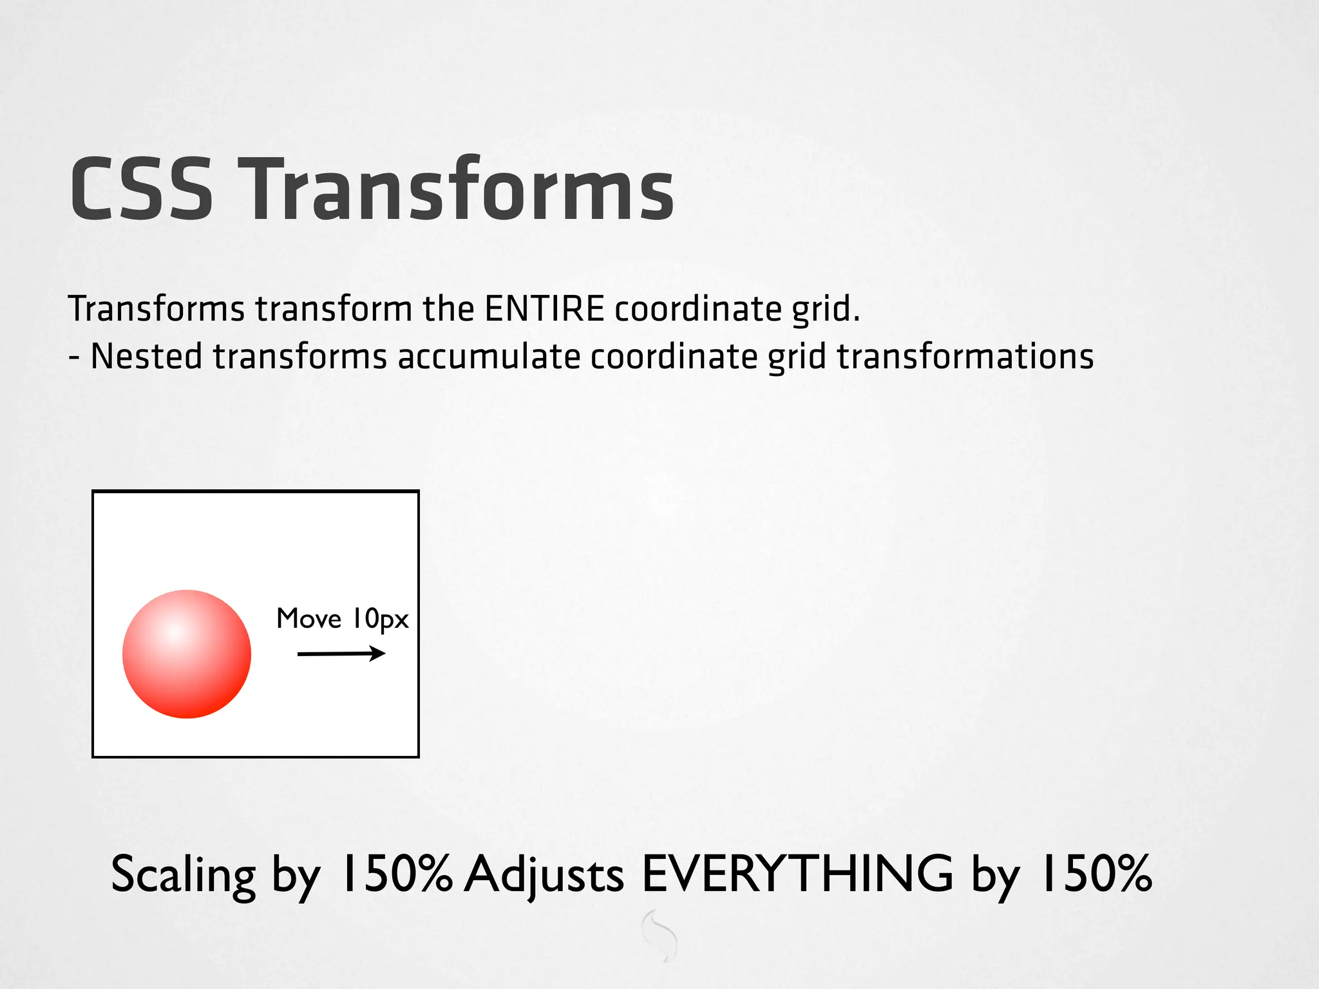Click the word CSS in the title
[x=141, y=191]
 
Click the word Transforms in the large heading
[x=458, y=191]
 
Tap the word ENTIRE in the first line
[x=544, y=308]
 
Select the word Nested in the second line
[x=146, y=357]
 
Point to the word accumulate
[x=488, y=357]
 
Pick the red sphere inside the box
[x=187, y=654]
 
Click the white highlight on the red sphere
[x=175, y=632]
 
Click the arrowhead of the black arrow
[x=378, y=654]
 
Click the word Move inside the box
[x=308, y=619]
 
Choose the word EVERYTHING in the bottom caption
[x=797, y=874]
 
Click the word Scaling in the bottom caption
[x=184, y=875]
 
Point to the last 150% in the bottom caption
[x=1094, y=874]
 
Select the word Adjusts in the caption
[x=544, y=875]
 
